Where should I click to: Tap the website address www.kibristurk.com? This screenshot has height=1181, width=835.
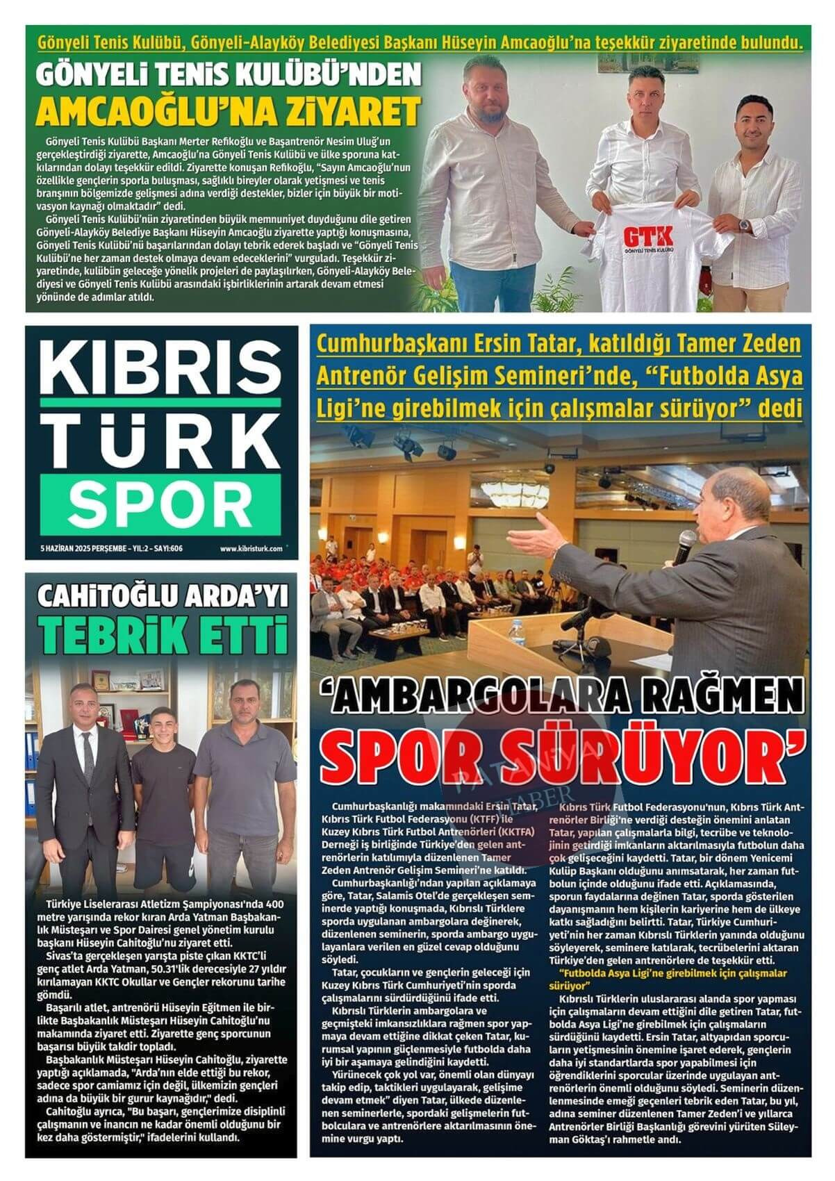[x=251, y=548]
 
